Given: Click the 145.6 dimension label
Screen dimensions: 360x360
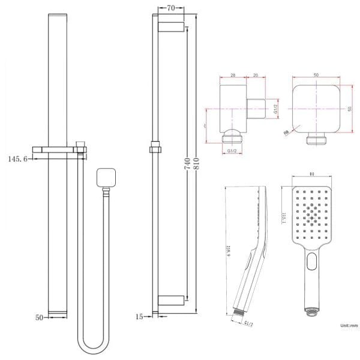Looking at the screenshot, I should pos(17,159).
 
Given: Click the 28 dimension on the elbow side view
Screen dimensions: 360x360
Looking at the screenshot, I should pos(233,76).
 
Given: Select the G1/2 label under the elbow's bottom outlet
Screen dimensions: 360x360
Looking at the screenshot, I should pos(232,151).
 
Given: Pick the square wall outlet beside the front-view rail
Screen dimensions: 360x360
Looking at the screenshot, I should pos(105,178).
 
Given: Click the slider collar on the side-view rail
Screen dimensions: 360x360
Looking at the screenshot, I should pos(155,146).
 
